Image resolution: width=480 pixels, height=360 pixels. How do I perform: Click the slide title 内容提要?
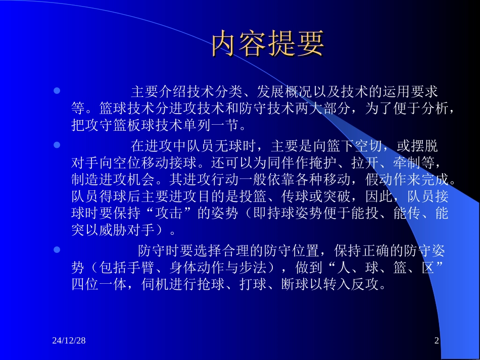click(267, 44)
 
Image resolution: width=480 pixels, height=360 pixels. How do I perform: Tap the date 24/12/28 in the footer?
click(69, 341)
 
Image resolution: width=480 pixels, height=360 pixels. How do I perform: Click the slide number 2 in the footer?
click(437, 341)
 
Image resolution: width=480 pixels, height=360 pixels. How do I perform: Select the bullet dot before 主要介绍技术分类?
click(57, 91)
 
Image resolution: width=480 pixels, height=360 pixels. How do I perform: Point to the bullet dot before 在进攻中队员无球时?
click(57, 145)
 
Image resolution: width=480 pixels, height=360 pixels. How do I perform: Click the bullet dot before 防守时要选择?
click(57, 249)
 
